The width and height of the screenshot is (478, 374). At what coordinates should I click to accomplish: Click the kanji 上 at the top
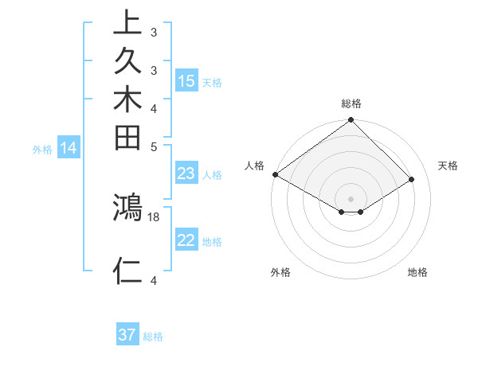tap(127, 23)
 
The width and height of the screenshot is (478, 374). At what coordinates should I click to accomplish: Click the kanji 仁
tap(127, 271)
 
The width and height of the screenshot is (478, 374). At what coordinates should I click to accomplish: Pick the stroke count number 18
tap(155, 216)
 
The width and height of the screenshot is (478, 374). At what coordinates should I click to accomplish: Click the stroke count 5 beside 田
tap(154, 146)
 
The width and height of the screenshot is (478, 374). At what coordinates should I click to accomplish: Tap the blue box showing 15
tap(186, 81)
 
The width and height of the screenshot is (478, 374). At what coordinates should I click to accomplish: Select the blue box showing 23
tap(186, 173)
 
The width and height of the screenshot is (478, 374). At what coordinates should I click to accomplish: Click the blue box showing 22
tap(186, 241)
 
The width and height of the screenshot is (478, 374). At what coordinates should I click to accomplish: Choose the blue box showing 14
tap(69, 147)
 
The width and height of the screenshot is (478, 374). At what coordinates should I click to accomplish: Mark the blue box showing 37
tap(127, 335)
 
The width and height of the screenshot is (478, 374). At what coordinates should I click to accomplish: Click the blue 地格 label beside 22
tap(212, 242)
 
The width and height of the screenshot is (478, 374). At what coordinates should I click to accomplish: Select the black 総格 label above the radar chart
tap(351, 103)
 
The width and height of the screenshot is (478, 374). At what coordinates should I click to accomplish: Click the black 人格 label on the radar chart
tap(255, 166)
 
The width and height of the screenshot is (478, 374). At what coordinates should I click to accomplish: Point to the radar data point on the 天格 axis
tap(412, 180)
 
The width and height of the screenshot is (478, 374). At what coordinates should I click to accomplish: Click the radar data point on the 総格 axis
tap(351, 121)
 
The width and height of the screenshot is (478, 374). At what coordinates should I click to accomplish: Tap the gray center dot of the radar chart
tap(351, 198)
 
